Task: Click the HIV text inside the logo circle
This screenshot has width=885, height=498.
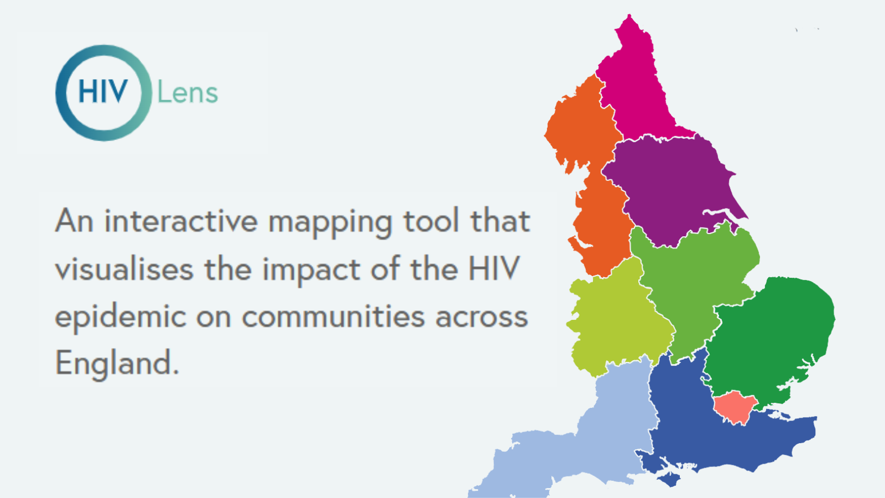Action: click(103, 91)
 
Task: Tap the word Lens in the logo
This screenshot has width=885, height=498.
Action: click(188, 93)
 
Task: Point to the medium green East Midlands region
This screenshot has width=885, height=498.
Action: click(695, 284)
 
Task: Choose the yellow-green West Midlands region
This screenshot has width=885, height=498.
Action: click(616, 320)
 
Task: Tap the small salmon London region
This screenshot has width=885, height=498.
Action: click(735, 407)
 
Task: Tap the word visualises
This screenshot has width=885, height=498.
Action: click(124, 268)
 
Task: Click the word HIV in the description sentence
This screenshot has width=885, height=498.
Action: click(493, 268)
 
